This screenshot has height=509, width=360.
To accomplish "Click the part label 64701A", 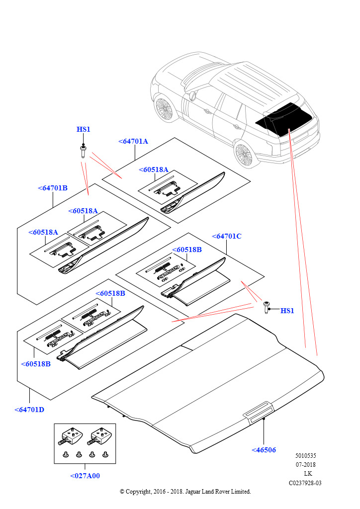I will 134,141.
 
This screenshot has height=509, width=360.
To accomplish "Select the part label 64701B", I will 53,188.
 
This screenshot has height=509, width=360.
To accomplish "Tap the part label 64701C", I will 227,236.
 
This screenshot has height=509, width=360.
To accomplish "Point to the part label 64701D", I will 29,410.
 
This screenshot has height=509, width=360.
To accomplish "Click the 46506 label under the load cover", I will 264,450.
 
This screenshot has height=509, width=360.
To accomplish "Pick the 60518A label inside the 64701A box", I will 153,170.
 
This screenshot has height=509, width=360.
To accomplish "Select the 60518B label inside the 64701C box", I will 187,250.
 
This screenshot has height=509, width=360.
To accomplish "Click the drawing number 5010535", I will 305,456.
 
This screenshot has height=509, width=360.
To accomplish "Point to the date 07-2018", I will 305,465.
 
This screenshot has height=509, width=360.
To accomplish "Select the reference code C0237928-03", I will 305,483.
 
